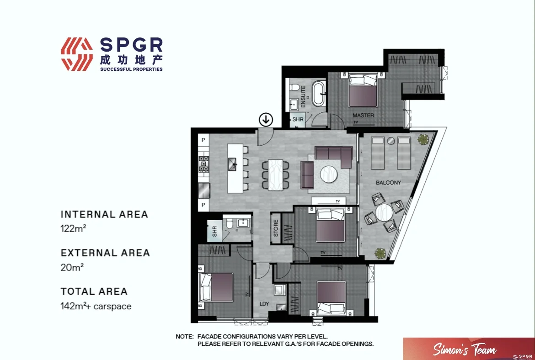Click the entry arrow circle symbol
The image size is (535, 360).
click(x=266, y=120)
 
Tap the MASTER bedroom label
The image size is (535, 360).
click(x=363, y=116)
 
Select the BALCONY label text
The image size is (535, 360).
click(x=388, y=183)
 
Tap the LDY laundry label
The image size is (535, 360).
click(x=264, y=304)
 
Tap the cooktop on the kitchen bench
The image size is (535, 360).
click(x=203, y=164)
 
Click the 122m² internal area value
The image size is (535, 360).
click(x=74, y=229)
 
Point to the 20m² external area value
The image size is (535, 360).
click(x=72, y=268)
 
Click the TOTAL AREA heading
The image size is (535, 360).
click(x=94, y=291)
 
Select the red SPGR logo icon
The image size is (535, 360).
click(x=77, y=54)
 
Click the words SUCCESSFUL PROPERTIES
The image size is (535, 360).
click(x=131, y=69)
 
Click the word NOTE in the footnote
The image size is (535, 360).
click(x=185, y=336)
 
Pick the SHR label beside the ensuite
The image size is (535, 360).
click(x=298, y=119)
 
